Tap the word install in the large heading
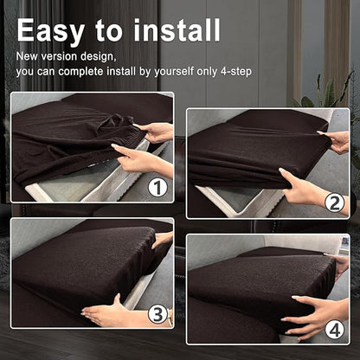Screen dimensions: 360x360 coord(177,29)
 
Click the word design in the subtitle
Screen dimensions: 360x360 coord(99,57)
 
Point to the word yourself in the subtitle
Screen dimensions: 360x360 coord(174,71)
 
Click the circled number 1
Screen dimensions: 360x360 coord(157,188)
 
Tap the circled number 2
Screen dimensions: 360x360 coord(335,203)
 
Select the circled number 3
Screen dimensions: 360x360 coord(157,314)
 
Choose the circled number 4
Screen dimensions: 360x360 coord(335,331)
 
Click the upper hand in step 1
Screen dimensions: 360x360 coord(154,132)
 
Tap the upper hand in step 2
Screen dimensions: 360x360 coord(335,142)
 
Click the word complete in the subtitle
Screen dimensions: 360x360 coord(81,72)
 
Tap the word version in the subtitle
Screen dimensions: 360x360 coord(59,56)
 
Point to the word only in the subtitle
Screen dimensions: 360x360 coord(208,72)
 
